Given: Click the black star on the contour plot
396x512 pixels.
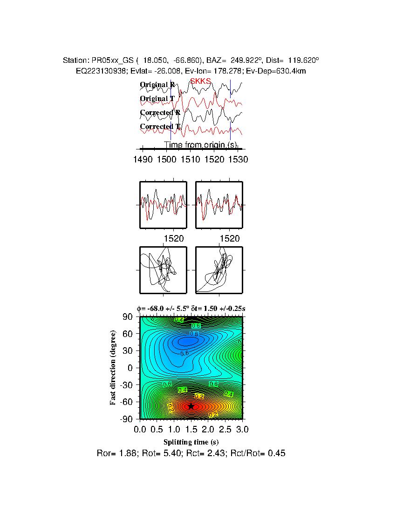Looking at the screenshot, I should click(191, 406).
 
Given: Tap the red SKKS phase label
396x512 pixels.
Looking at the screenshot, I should click(200, 81).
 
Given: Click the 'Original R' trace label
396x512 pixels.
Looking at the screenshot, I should click(157, 85).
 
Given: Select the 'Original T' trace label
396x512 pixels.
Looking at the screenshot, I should click(157, 99).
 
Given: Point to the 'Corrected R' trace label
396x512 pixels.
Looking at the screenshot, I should click(160, 113).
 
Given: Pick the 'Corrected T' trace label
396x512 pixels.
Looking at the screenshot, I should click(160, 127).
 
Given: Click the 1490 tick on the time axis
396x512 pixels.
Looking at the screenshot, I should click(143, 159).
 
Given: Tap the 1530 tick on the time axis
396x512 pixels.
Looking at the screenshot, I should click(238, 159).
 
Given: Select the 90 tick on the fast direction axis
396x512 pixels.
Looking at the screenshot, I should click(128, 317).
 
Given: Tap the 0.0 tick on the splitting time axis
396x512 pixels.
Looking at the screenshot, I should click(140, 428).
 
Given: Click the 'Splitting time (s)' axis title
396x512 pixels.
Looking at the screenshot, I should click(191, 442).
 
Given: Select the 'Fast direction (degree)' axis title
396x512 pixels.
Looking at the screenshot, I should click(113, 368).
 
